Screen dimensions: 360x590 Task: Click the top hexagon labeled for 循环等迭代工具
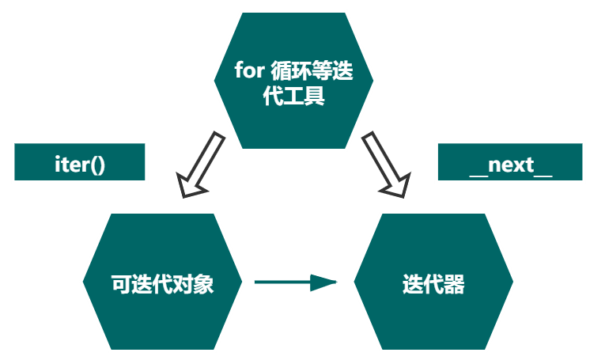coord(293,80)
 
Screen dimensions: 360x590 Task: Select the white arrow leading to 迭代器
coord(385,165)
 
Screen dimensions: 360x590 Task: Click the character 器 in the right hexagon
coord(454,283)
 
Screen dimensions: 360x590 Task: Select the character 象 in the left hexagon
coord(203,283)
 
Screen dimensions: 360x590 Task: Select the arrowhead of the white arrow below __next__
coord(395,187)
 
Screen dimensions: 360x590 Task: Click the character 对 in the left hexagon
coord(183,283)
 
